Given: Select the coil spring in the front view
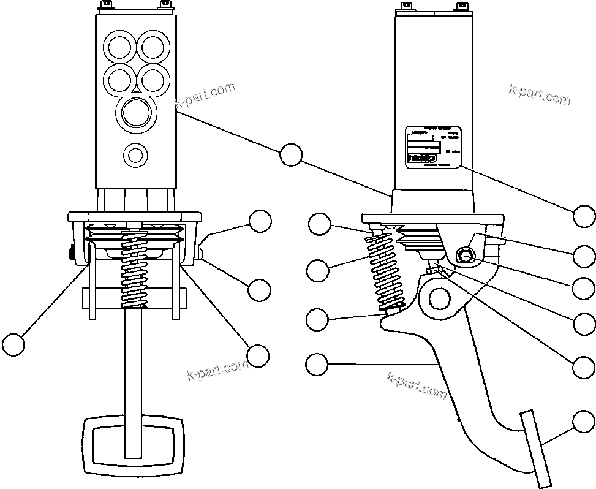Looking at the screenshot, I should click(x=134, y=270).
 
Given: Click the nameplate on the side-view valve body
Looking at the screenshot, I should click(x=432, y=147).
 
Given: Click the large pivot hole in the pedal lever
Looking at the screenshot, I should click(x=439, y=298).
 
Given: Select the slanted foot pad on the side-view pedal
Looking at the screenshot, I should click(x=535, y=447).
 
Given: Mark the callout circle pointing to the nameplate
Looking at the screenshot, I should click(x=584, y=216).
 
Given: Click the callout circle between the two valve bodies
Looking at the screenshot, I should click(x=290, y=155).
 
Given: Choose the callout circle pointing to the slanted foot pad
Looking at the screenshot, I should click(x=584, y=422).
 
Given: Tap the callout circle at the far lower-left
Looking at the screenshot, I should click(x=13, y=344).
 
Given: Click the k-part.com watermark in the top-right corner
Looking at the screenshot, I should click(x=539, y=94).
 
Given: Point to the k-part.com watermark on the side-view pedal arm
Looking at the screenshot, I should click(x=417, y=385).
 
